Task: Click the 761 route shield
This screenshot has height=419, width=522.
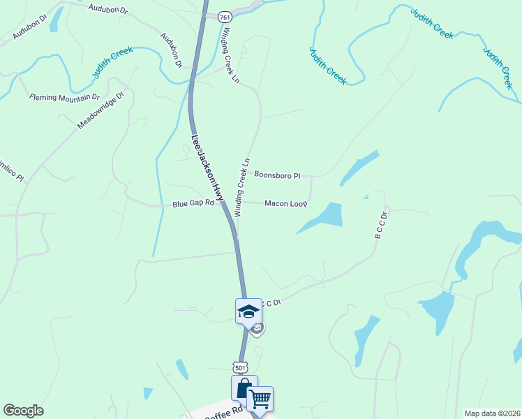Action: (x=225, y=16)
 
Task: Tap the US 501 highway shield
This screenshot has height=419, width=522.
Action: (x=241, y=367)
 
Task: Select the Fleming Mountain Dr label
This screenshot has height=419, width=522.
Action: (x=65, y=97)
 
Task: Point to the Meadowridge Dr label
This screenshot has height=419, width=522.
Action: (x=100, y=110)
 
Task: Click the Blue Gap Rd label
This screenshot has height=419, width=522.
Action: (x=193, y=204)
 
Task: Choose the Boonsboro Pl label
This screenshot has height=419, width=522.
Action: (x=277, y=175)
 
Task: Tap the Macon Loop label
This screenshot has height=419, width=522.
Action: (x=286, y=203)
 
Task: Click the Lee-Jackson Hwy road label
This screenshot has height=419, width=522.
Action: (x=207, y=168)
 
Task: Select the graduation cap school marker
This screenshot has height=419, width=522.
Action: (x=248, y=311)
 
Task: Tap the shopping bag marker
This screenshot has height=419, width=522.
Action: (x=244, y=388)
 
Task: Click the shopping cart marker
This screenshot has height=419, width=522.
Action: (x=260, y=399)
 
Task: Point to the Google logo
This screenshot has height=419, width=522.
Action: (x=23, y=411)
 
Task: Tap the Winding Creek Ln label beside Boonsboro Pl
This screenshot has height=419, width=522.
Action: (x=241, y=187)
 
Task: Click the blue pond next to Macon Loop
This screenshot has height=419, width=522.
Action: (x=322, y=216)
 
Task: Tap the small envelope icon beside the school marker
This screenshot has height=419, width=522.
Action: (x=258, y=328)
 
